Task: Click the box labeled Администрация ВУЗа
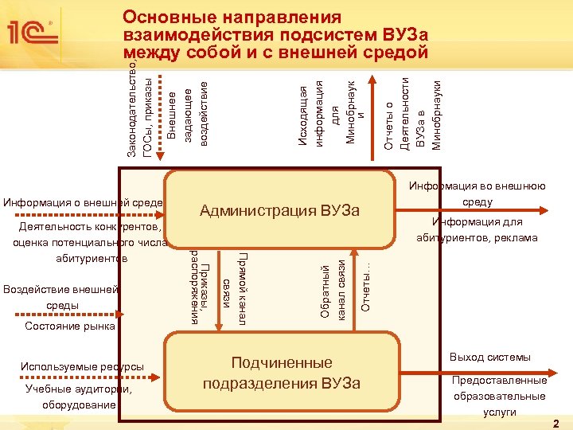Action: pyautogui.click(x=280, y=210)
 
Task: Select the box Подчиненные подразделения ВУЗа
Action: pyautogui.click(x=281, y=373)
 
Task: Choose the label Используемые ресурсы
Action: pyautogui.click(x=82, y=366)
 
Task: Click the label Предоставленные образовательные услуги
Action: pyautogui.click(x=499, y=396)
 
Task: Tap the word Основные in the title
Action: pyautogui.click(x=170, y=18)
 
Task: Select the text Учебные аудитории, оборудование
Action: pyautogui.click(x=79, y=397)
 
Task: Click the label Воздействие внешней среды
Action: pyautogui.click(x=61, y=297)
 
